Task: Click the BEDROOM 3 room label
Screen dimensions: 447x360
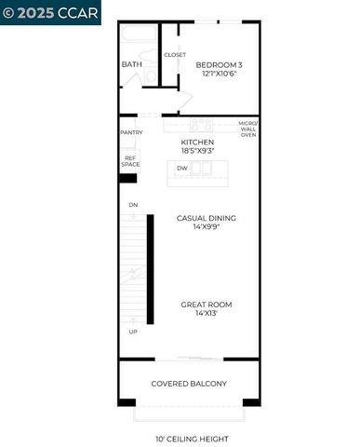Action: pyautogui.click(x=219, y=64)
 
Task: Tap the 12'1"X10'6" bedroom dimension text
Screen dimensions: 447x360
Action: pyautogui.click(x=219, y=74)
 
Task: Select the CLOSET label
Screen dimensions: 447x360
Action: pyautogui.click(x=175, y=55)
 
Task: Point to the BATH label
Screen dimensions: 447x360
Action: pyautogui.click(x=131, y=64)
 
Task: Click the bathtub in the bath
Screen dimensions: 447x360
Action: pyautogui.click(x=140, y=36)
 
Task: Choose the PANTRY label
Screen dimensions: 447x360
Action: pyautogui.click(x=131, y=132)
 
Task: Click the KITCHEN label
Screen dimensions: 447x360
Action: pyautogui.click(x=197, y=142)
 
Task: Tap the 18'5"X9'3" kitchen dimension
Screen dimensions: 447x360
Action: pyautogui.click(x=197, y=151)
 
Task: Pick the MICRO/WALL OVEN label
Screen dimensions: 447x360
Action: pyautogui.click(x=247, y=129)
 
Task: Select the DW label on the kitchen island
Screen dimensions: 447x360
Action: pyautogui.click(x=182, y=169)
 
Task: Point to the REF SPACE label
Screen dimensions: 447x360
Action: pyautogui.click(x=131, y=161)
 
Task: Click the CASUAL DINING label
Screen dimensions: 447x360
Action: pyautogui.click(x=207, y=218)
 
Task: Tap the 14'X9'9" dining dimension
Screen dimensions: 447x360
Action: pyautogui.click(x=207, y=227)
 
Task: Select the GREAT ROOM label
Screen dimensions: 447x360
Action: pyautogui.click(x=207, y=305)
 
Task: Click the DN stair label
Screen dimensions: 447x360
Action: pyautogui.click(x=133, y=205)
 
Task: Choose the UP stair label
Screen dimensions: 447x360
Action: pyautogui.click(x=133, y=332)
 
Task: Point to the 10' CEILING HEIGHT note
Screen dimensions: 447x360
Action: pyautogui.click(x=192, y=439)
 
